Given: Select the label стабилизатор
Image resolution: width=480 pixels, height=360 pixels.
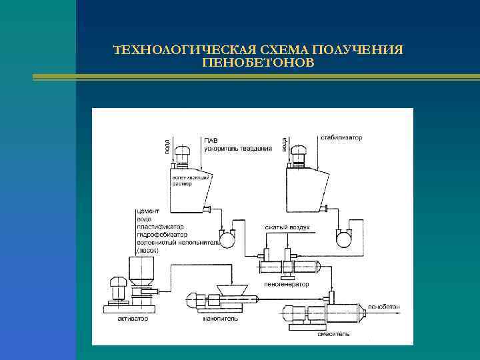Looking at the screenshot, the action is click(342, 138).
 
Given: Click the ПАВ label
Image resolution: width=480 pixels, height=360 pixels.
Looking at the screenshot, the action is click(211, 141).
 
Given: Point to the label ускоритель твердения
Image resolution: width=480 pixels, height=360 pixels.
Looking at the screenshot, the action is click(238, 148).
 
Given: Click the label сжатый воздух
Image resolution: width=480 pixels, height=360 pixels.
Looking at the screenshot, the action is click(287, 227).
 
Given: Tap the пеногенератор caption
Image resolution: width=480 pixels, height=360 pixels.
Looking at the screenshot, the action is click(287, 284).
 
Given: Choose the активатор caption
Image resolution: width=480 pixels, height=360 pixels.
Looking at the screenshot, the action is click(133, 319).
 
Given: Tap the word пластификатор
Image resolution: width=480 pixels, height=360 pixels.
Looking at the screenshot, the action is click(160, 227).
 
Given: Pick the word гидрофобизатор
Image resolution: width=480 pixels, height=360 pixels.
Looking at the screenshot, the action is click(161, 235).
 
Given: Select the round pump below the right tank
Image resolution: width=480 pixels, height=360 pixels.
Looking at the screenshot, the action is click(345, 237).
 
